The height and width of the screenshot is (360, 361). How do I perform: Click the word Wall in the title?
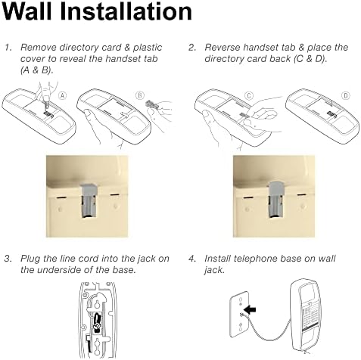click(26, 11)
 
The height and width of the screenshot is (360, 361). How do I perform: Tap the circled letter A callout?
click(63, 96)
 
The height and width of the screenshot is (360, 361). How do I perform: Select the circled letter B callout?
click(140, 96)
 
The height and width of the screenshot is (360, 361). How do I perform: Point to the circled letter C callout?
click(249, 96)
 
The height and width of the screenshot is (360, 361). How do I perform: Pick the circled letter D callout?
click(346, 96)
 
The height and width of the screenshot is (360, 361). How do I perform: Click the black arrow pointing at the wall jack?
click(251, 309)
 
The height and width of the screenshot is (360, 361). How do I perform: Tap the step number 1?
click(8, 48)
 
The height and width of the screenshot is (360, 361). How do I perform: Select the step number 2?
click(192, 48)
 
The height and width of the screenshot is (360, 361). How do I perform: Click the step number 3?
click(8, 259)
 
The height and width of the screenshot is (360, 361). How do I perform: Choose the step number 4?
click(192, 259)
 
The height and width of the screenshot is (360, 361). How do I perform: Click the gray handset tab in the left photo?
click(88, 200)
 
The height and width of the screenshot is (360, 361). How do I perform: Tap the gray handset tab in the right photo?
click(277, 198)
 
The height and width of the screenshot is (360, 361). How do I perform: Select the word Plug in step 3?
click(30, 259)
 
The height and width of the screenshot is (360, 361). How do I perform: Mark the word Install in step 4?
click(217, 259)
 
